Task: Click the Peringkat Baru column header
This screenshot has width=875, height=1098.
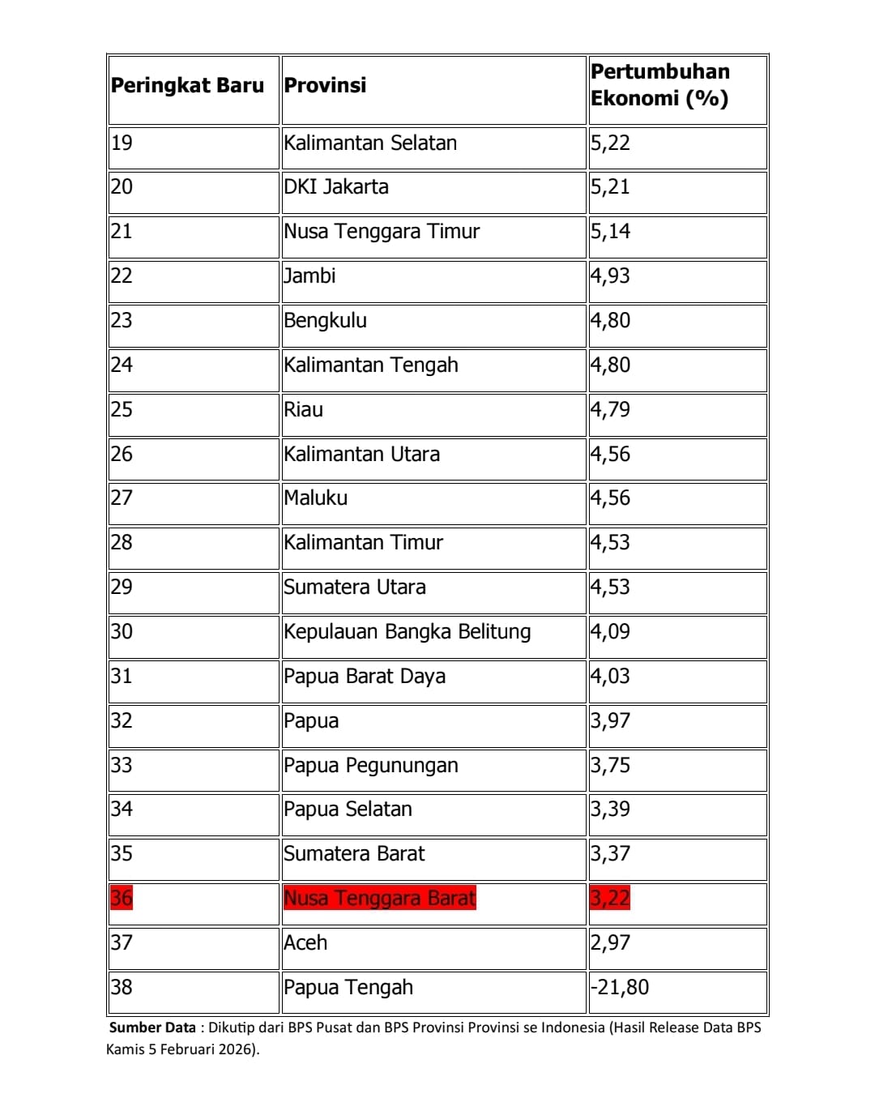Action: [x=187, y=86]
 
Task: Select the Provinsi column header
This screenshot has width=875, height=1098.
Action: [x=325, y=86]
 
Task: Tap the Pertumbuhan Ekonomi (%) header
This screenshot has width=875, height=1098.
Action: [x=660, y=85]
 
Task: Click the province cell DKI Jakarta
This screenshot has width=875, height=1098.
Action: [x=336, y=187]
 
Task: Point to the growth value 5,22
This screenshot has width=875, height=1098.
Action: [x=610, y=143]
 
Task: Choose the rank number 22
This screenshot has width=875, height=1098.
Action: [x=122, y=276]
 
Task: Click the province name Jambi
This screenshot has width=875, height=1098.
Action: [x=309, y=276]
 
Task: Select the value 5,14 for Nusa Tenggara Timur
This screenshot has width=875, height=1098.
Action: [x=610, y=232]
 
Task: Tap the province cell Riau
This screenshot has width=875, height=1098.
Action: [x=304, y=410]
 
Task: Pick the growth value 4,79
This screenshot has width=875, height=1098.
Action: [x=610, y=410]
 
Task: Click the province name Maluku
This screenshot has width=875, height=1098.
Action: [x=316, y=498]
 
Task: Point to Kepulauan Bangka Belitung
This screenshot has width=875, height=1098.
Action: [x=408, y=632]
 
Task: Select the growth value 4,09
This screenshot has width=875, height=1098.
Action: [x=610, y=632]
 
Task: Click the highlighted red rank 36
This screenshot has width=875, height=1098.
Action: [x=122, y=899]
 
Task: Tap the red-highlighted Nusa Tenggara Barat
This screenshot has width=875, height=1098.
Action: [x=380, y=899]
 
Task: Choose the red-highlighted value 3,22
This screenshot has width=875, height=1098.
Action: [x=610, y=899]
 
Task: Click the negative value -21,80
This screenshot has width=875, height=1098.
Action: [x=620, y=988]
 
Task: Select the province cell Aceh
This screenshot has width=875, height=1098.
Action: [x=305, y=943]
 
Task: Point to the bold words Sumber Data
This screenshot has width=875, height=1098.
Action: [x=152, y=1028]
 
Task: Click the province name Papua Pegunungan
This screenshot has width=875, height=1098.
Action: [x=371, y=766]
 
